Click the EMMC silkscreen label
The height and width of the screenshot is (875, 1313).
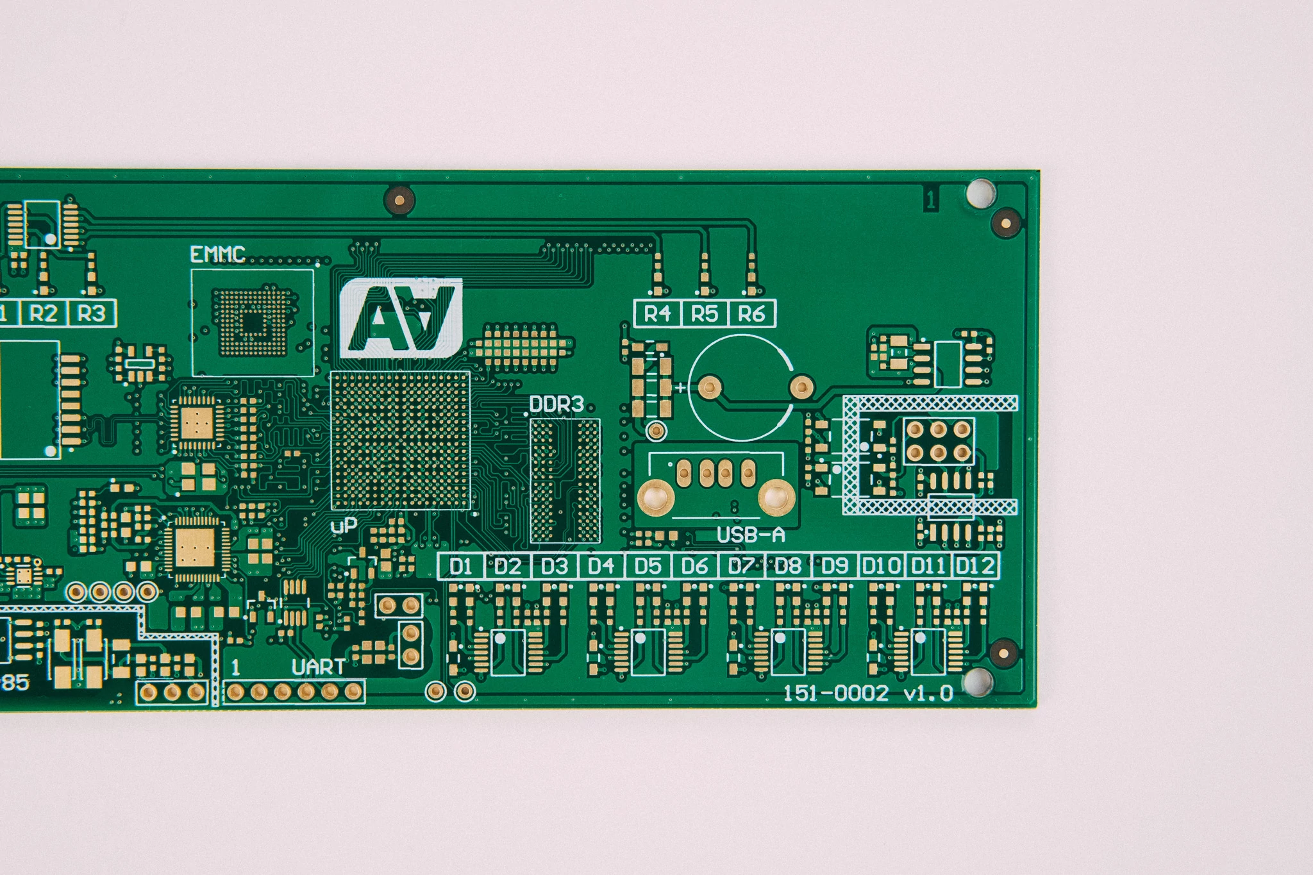click(218, 255)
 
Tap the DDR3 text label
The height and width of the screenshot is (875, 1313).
click(556, 404)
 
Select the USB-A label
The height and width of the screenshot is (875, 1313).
click(750, 535)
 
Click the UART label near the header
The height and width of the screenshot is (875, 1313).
click(318, 667)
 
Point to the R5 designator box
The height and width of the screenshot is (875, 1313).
click(704, 314)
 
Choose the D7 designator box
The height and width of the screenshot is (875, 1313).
click(741, 566)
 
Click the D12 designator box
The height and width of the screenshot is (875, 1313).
click(975, 566)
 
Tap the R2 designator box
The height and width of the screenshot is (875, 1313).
click(44, 313)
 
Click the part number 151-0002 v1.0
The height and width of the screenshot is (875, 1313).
click(868, 694)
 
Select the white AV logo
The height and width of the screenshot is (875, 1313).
click(401, 318)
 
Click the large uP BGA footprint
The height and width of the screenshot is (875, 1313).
click(401, 440)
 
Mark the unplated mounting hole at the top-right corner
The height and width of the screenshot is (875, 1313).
click(980, 193)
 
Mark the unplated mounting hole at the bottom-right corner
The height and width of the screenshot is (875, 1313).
click(978, 682)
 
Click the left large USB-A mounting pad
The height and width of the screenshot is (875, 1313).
click(655, 497)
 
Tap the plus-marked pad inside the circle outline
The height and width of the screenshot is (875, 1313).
click(710, 387)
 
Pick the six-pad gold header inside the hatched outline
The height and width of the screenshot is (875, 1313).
click(939, 441)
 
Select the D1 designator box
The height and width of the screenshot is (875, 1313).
click(461, 566)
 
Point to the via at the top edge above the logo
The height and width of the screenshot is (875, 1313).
click(399, 201)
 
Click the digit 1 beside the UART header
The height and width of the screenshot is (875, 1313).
click(235, 668)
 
